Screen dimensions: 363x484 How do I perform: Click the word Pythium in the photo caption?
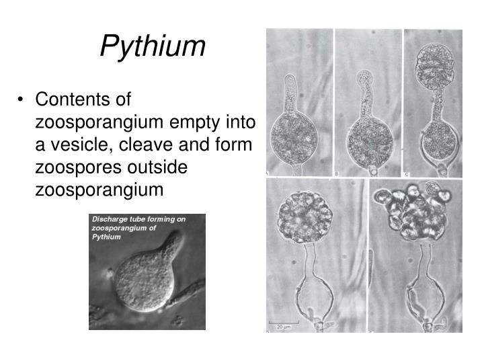coord(105,237)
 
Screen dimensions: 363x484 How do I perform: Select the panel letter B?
coord(337,173)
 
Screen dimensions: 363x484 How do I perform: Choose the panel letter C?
coord(406,173)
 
